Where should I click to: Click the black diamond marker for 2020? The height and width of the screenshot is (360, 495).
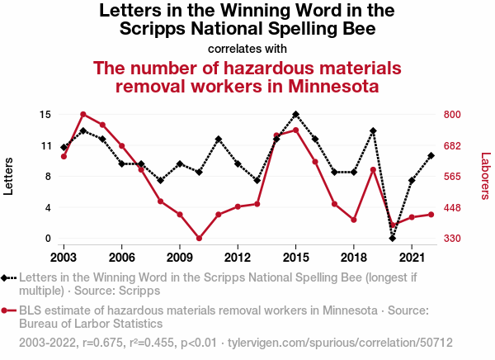[x=393, y=238]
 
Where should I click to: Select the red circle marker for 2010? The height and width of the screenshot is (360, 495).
[x=199, y=239]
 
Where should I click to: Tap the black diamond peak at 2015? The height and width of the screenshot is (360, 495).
[x=295, y=114]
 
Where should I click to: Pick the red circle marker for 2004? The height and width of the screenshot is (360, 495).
[x=83, y=114]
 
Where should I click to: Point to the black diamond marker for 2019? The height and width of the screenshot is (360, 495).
[x=373, y=131]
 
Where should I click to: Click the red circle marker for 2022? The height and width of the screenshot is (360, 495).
[x=431, y=215]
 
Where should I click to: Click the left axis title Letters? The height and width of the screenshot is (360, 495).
[x=10, y=176]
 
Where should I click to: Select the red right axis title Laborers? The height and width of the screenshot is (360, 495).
[x=486, y=176]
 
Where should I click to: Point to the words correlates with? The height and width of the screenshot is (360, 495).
[x=247, y=48]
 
